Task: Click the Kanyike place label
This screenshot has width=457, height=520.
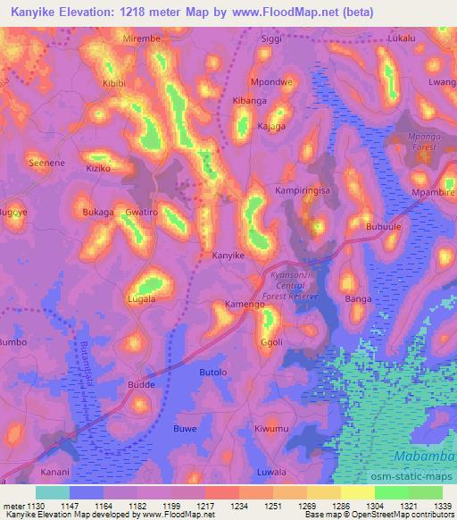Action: pos(228,256)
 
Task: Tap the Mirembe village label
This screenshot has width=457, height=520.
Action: pos(143,39)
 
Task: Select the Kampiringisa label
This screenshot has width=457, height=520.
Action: pos(303,191)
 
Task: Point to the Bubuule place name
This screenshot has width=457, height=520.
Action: pos(385,227)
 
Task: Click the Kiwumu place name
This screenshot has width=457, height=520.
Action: pos(271,429)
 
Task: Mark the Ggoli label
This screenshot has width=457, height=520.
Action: pos(271,342)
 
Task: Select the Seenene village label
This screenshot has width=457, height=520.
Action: pos(47,164)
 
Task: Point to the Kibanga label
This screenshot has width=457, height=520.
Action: pos(249,101)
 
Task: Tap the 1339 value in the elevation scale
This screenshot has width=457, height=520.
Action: pos(444,505)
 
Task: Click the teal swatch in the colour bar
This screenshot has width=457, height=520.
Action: pos(53,492)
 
